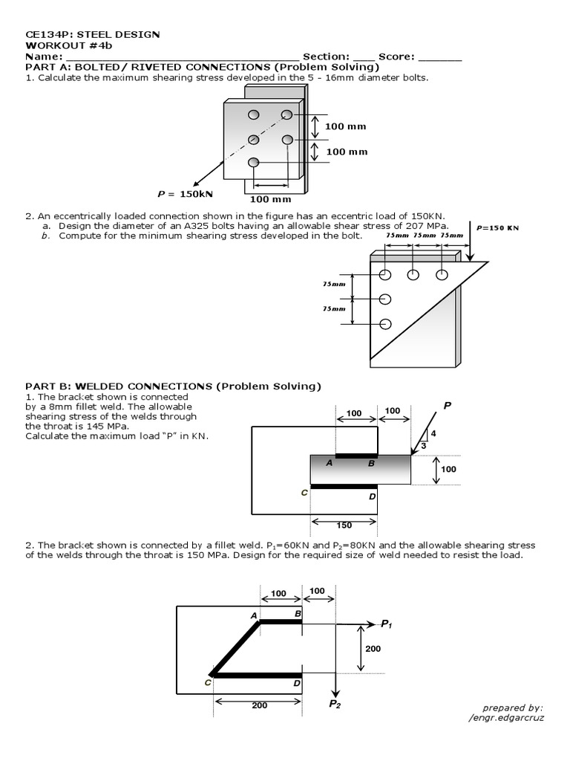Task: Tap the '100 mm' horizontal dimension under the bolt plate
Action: pos(270,198)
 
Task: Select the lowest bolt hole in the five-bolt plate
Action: pos(254,163)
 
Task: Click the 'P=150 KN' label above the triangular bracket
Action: pos(497,228)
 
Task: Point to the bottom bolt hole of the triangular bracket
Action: pos(385,323)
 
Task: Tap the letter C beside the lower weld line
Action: pos(304,493)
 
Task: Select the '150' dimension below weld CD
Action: pos(344,525)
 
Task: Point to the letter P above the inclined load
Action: pos(447,406)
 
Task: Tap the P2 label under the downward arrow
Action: pos(335,704)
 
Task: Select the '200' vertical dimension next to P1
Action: pos(373,649)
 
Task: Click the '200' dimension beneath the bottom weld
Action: pos(259,705)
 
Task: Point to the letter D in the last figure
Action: pos(297,683)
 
